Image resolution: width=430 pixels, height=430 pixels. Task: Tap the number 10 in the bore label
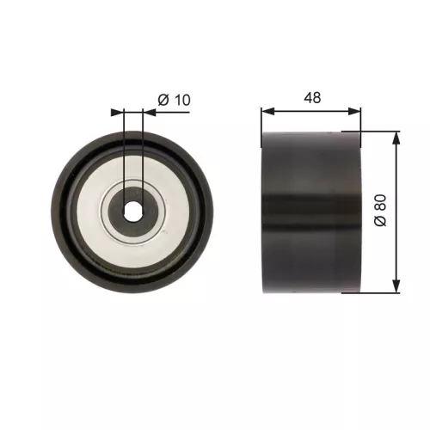(181, 101)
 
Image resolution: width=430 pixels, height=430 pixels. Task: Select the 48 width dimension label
(311, 98)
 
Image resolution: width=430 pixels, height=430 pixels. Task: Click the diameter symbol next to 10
(162, 101)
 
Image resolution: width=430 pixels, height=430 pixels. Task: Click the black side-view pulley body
(311, 212)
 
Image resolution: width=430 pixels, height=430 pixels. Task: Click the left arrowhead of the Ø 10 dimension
(120, 111)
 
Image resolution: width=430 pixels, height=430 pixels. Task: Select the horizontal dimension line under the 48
(311, 111)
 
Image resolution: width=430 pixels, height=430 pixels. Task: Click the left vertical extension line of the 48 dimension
(261, 120)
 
